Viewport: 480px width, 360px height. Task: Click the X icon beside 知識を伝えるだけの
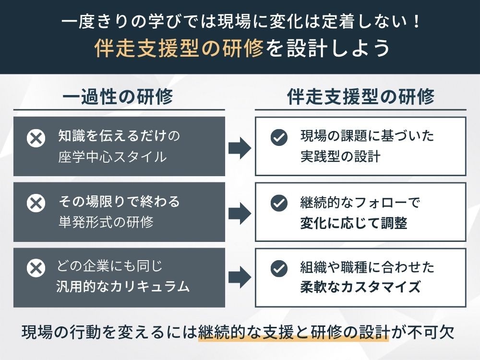point(36,139)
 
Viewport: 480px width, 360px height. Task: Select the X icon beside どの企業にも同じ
point(36,268)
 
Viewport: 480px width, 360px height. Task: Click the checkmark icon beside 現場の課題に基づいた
point(279,138)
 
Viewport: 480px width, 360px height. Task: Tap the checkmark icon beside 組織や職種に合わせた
point(279,268)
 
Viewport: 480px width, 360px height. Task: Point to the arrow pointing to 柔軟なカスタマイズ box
point(240,277)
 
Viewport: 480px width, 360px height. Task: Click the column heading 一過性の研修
point(118,97)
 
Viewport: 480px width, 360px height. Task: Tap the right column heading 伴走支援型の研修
point(360,97)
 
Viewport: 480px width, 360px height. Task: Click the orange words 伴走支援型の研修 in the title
point(180,49)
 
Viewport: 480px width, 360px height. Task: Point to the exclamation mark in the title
point(415,22)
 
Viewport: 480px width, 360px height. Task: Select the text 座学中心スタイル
point(112,156)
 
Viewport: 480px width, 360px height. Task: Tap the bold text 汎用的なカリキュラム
point(123,287)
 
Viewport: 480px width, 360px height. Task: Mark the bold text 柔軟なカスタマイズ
point(360,287)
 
